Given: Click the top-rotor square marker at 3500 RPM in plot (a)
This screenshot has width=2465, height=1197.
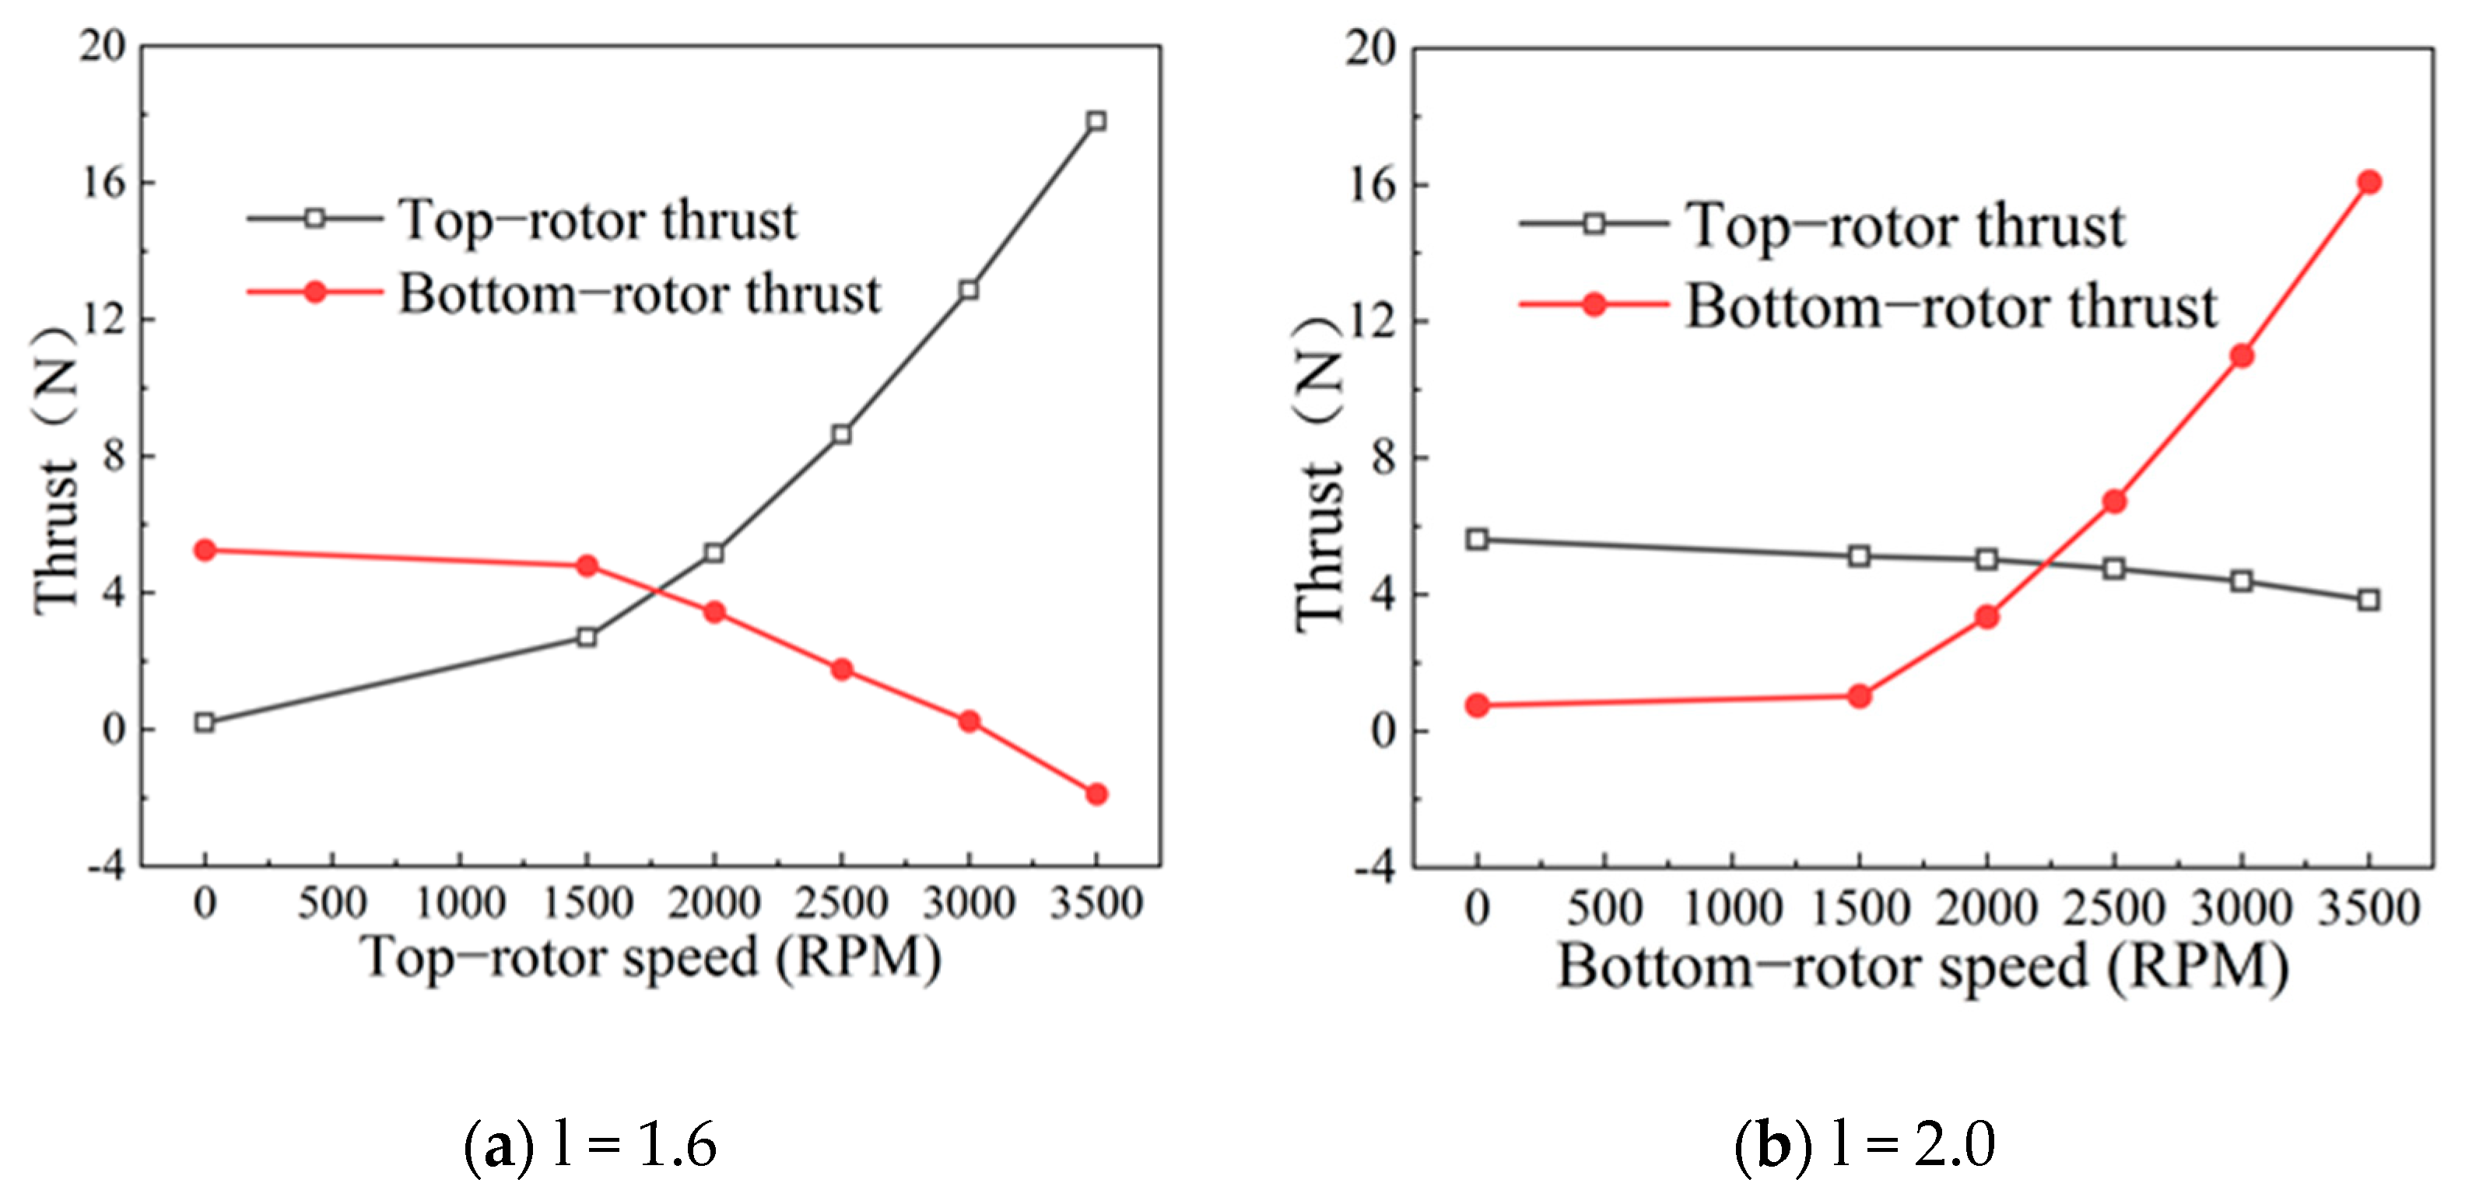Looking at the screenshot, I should click(x=1096, y=121).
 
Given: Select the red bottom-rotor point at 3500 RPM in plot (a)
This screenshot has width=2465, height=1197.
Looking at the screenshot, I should click(x=1096, y=794).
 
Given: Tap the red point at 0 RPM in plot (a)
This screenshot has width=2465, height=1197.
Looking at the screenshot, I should click(x=205, y=550).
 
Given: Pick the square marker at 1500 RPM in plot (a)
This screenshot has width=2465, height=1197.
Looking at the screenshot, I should click(x=587, y=637).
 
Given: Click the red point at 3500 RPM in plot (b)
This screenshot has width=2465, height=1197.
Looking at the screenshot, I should click(x=2369, y=183).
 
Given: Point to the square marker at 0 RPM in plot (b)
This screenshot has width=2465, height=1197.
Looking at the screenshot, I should click(x=1478, y=540).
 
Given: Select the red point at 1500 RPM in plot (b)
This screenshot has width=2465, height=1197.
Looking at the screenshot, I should click(x=1860, y=697).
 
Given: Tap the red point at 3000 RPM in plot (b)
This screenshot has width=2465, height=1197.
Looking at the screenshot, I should click(x=2241, y=357).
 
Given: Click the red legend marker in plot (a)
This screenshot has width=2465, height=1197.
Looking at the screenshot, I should click(x=315, y=292).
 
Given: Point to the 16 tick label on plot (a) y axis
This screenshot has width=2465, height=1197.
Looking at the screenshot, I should click(x=103, y=182).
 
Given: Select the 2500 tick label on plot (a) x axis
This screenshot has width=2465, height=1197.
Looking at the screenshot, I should click(x=841, y=903).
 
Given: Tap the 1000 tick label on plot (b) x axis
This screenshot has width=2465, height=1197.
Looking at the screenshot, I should click(x=1733, y=907).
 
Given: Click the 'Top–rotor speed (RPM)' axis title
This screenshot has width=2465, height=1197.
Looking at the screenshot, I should click(x=650, y=957).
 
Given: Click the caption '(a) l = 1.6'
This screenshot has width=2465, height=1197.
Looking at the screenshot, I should click(x=591, y=1144).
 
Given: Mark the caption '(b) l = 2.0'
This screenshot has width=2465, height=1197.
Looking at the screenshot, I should click(x=1864, y=1144).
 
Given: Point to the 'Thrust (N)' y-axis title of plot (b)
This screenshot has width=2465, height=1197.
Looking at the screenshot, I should click(x=1320, y=474).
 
